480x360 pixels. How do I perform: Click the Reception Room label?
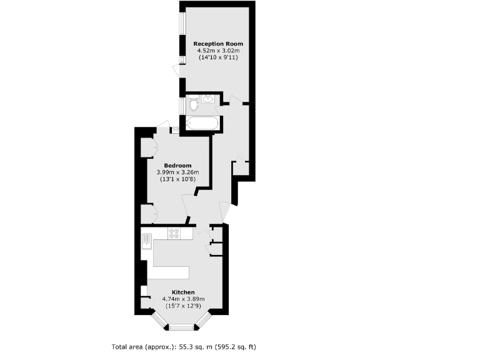coord(218,44)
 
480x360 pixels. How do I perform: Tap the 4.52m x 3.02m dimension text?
coord(218,51)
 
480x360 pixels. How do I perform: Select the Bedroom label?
coord(177,166)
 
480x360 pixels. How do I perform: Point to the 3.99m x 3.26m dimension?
coord(177,172)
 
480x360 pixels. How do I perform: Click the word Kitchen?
coord(184,292)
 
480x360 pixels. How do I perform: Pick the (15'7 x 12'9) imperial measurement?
coord(184,306)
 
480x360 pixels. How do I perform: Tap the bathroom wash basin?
coord(207,98)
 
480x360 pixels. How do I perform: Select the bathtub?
coord(202,123)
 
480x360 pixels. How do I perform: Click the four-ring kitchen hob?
coord(174,234)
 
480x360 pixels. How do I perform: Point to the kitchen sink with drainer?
coord(147,241)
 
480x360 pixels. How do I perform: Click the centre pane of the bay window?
coord(182,327)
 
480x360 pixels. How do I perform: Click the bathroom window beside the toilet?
coord(181,105)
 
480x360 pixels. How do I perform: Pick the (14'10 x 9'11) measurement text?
coord(218,57)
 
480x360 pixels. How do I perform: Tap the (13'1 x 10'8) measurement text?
coord(177,179)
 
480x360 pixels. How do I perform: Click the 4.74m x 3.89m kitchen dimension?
coord(184,299)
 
